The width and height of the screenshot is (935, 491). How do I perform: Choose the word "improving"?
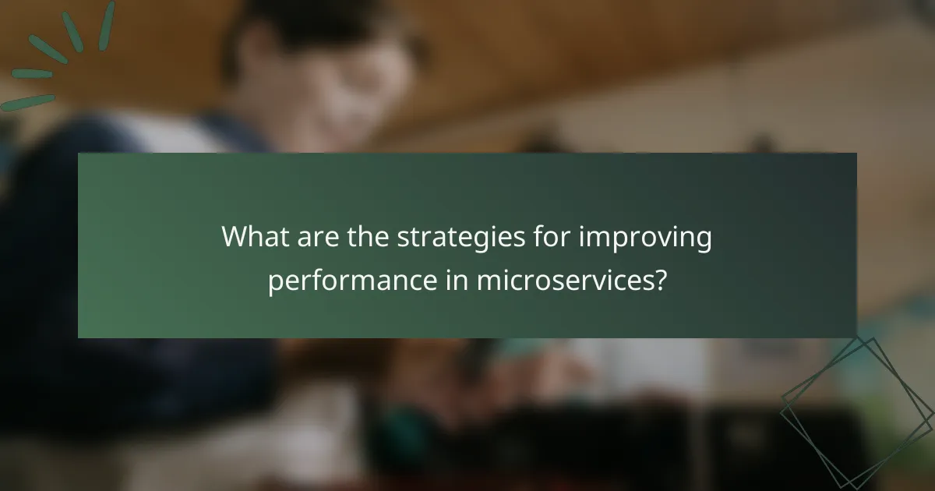[x=645, y=239]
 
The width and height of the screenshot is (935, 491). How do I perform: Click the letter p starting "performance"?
[x=275, y=284]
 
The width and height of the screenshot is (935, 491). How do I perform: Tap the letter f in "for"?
[x=532, y=237]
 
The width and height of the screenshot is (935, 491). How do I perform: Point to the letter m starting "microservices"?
[x=488, y=281]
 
